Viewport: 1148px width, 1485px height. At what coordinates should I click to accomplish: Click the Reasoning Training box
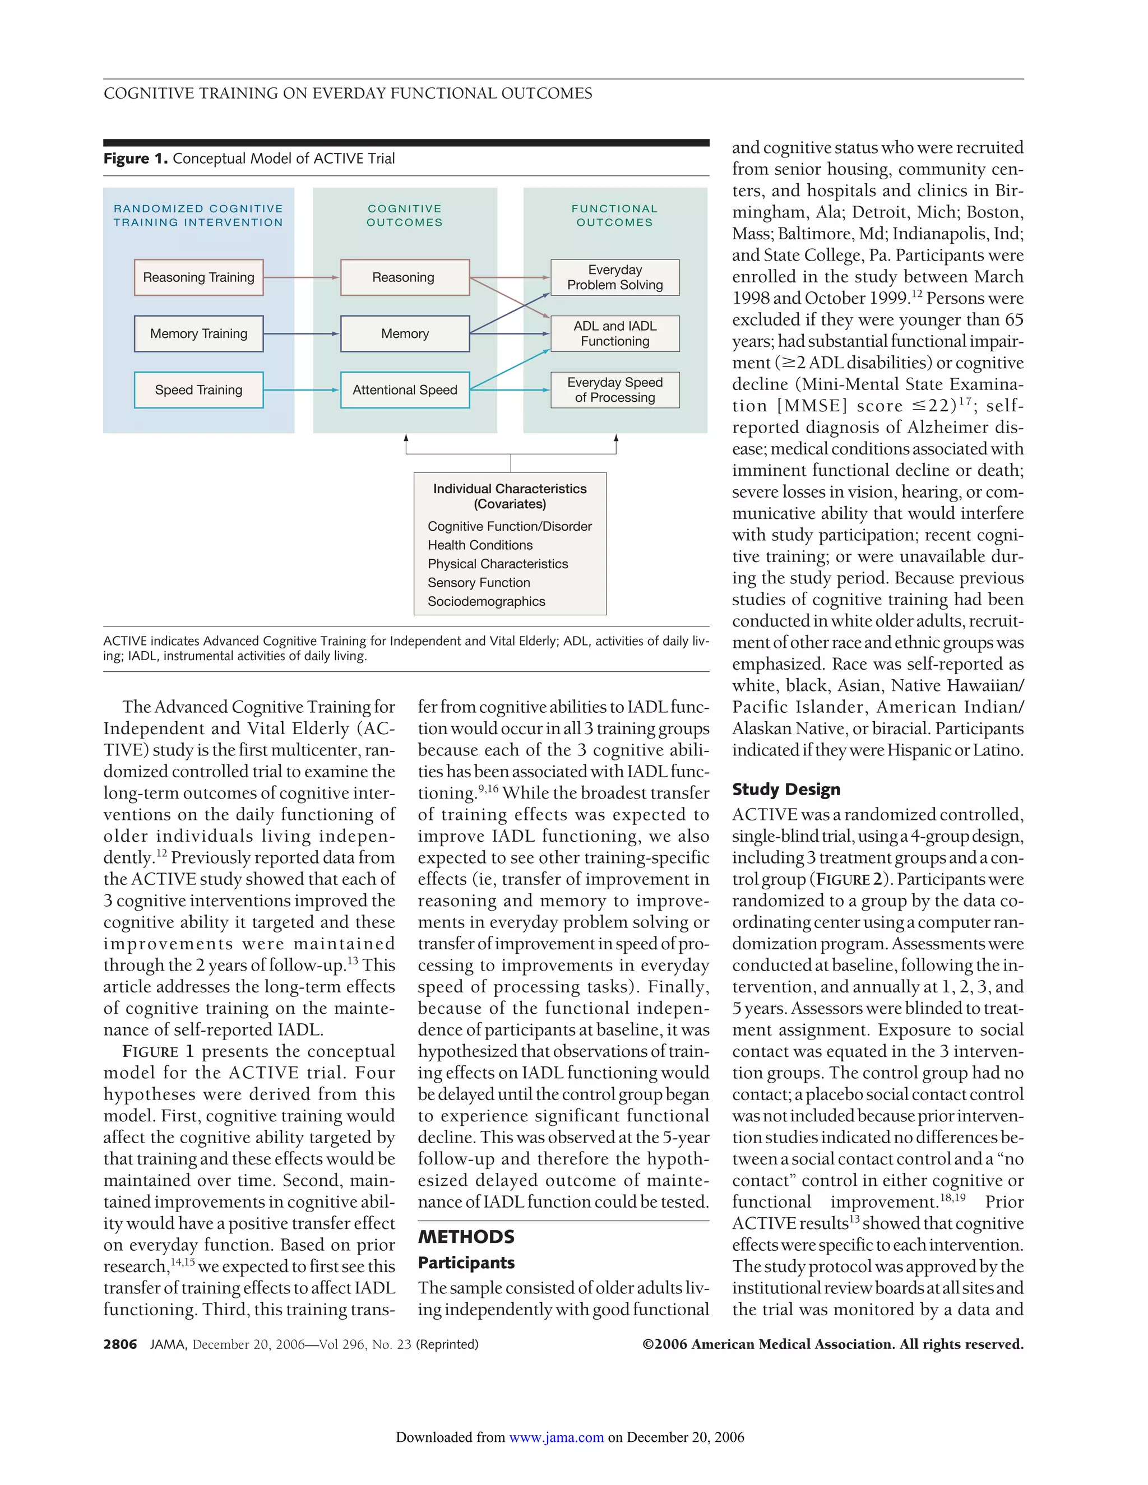tap(198, 277)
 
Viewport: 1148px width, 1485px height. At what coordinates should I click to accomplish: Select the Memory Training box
tap(198, 334)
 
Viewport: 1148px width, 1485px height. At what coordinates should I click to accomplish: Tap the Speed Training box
tap(198, 390)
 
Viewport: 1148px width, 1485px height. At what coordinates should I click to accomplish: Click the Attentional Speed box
tap(405, 390)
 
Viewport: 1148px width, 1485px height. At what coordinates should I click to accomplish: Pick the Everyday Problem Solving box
tap(615, 277)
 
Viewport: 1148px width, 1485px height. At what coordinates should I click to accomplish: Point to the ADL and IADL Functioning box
tap(615, 334)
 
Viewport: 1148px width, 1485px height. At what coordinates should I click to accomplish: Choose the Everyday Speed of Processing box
tap(615, 390)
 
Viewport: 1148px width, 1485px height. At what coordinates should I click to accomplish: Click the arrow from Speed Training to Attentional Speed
tap(300, 390)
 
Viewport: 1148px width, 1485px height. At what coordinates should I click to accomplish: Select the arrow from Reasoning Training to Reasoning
tap(300, 277)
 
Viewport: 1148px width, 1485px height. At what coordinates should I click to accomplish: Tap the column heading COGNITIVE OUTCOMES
tap(405, 216)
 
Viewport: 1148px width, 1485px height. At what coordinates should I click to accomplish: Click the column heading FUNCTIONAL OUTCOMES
tap(615, 216)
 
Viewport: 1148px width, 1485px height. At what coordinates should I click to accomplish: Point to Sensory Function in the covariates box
tap(479, 583)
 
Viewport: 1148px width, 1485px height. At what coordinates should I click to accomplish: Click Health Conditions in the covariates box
tap(480, 545)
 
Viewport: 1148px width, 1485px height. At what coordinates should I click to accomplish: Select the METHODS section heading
tap(466, 1237)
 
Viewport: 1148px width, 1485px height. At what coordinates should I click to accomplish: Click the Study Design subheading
tap(786, 790)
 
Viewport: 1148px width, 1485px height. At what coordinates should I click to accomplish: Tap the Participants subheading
tap(466, 1263)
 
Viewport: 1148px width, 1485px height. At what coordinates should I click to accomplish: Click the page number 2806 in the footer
tap(121, 1344)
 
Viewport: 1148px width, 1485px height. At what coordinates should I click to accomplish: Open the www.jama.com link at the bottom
tap(556, 1437)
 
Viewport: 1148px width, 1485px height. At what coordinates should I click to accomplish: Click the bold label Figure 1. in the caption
tap(135, 159)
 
